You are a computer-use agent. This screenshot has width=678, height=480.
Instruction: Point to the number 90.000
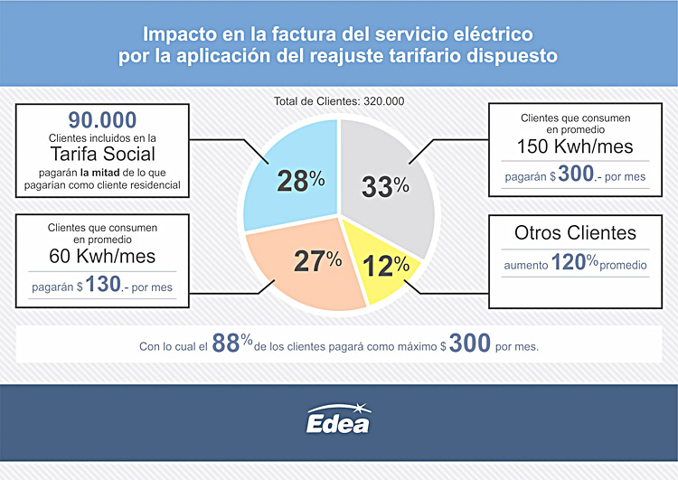click(103, 119)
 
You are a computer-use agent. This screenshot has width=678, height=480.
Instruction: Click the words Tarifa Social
click(103, 154)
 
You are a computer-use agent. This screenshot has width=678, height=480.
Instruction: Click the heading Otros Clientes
click(575, 232)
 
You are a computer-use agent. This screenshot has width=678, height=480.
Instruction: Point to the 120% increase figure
click(563, 265)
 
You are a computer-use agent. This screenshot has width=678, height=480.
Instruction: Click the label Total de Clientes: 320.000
click(338, 101)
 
